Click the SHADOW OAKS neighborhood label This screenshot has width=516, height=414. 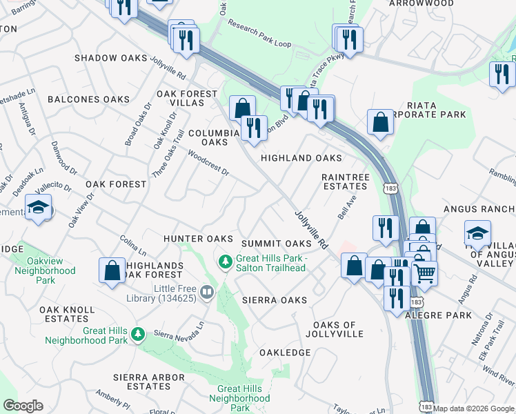(x=111, y=58)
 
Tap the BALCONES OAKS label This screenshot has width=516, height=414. (x=89, y=99)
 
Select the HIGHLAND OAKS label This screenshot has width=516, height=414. (x=301, y=158)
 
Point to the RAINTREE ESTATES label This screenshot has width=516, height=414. (x=345, y=181)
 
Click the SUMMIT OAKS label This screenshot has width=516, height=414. (x=277, y=244)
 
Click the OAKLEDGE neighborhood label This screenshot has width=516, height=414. (x=285, y=353)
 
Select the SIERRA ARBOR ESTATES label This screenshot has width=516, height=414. (x=150, y=382)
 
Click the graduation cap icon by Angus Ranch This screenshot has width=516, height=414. (x=477, y=233)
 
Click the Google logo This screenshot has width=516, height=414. (x=23, y=405)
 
